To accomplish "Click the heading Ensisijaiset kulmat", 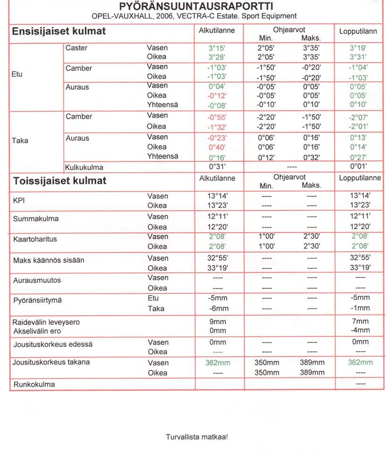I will pyautogui.click(x=59, y=32).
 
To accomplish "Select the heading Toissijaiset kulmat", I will pyautogui.click(x=59, y=181).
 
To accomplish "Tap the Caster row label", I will pyautogui.click(x=76, y=48).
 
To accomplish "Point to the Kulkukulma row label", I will pyautogui.click(x=84, y=167).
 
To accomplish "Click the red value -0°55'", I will pyautogui.click(x=217, y=117).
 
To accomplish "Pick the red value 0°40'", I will pyautogui.click(x=217, y=147).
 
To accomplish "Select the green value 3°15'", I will pyautogui.click(x=217, y=48).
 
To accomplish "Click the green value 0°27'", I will pyautogui.click(x=359, y=157).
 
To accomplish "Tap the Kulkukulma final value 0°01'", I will pyautogui.click(x=359, y=167).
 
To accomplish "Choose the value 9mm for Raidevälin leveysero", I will pyautogui.click(x=217, y=322).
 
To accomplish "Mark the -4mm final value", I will pyautogui.click(x=360, y=330).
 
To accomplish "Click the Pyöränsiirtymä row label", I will pyautogui.click(x=37, y=301).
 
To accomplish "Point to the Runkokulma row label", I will pyautogui.click(x=34, y=385).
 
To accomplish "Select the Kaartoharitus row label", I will pyautogui.click(x=35, y=239).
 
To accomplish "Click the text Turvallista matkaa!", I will pyautogui.click(x=197, y=437).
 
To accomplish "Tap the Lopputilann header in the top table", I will pyautogui.click(x=358, y=32).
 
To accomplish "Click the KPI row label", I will pyautogui.click(x=20, y=201).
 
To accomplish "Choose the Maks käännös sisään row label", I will pyautogui.click(x=49, y=260).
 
